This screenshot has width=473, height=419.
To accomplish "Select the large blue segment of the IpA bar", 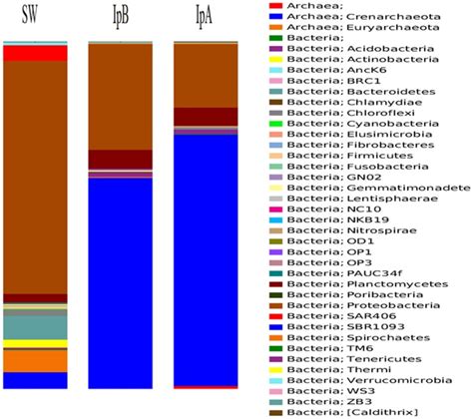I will [206, 259].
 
